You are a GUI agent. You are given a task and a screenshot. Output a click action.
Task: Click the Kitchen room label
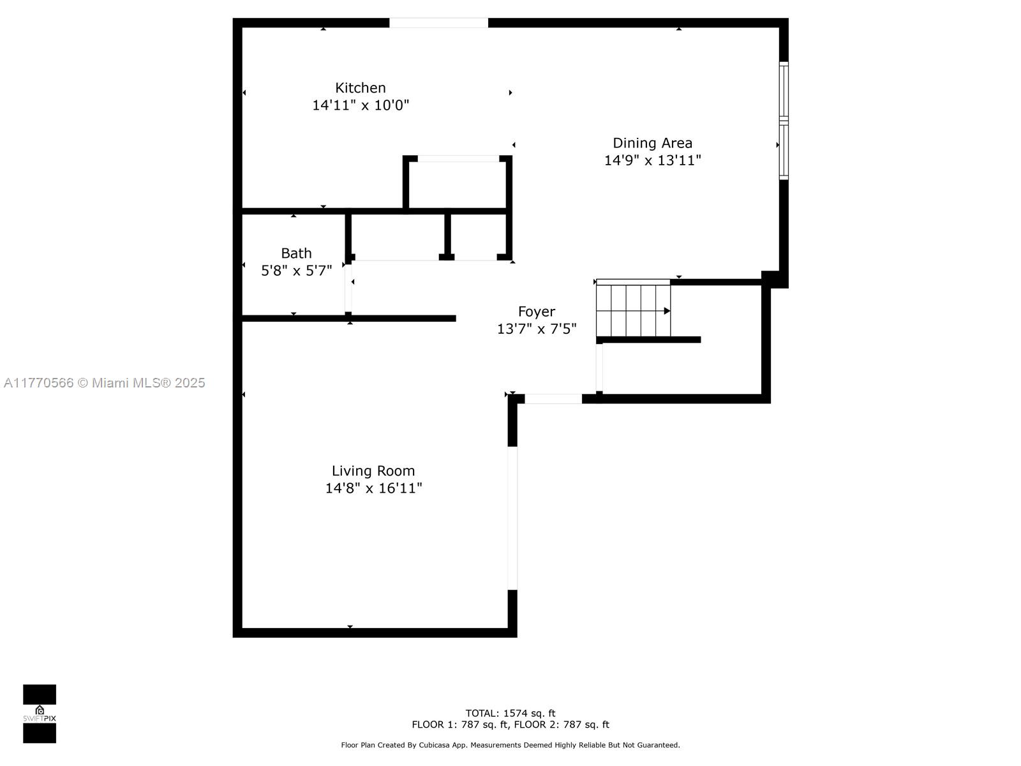pyautogui.click(x=360, y=88)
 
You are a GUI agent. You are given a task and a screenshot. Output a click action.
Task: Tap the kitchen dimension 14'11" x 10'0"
pyautogui.click(x=360, y=105)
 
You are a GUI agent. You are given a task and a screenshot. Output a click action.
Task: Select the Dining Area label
pyautogui.click(x=652, y=143)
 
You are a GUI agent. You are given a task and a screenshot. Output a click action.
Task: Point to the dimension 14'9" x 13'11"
pyautogui.click(x=652, y=160)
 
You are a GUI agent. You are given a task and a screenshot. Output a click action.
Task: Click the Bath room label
pyautogui.click(x=296, y=253)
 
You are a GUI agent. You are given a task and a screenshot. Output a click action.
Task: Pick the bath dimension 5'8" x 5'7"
pyautogui.click(x=296, y=271)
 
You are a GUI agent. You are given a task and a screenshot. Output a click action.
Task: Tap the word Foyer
pyautogui.click(x=536, y=312)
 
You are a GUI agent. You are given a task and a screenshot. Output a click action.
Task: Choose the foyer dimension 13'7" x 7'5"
pyautogui.click(x=536, y=329)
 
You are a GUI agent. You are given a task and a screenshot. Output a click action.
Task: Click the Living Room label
pyautogui.click(x=373, y=471)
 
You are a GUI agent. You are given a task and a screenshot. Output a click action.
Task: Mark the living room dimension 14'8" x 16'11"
pyautogui.click(x=373, y=488)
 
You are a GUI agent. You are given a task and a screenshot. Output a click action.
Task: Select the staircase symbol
pyautogui.click(x=634, y=308)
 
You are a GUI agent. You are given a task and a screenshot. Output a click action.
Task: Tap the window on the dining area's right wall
pyautogui.click(x=784, y=121)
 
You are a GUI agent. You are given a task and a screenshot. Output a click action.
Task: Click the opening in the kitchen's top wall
pyautogui.click(x=438, y=23)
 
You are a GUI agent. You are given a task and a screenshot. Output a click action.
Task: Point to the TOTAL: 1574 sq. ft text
pyautogui.click(x=511, y=713)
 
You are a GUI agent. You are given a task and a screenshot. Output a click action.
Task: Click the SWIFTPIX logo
pyautogui.click(x=40, y=714)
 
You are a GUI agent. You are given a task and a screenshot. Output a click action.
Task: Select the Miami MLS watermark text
pyautogui.click(x=104, y=383)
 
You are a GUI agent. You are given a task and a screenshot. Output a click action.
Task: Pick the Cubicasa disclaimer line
pyautogui.click(x=511, y=745)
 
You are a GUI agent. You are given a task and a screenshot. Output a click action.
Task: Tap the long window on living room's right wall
pyautogui.click(x=512, y=518)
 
